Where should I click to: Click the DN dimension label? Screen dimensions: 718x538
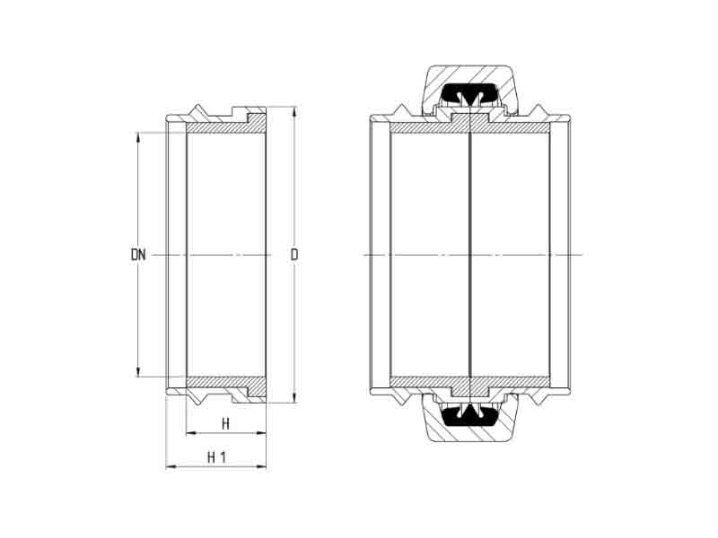click(x=138, y=255)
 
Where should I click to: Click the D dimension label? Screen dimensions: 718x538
click(x=294, y=255)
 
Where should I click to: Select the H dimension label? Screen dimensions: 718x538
click(x=225, y=424)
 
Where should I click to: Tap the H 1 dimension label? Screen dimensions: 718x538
click(x=216, y=457)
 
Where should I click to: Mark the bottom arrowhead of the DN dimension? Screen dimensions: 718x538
click(x=138, y=371)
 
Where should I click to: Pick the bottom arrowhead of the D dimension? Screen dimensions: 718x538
click(x=294, y=396)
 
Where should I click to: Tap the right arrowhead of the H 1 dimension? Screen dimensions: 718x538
click(x=260, y=466)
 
